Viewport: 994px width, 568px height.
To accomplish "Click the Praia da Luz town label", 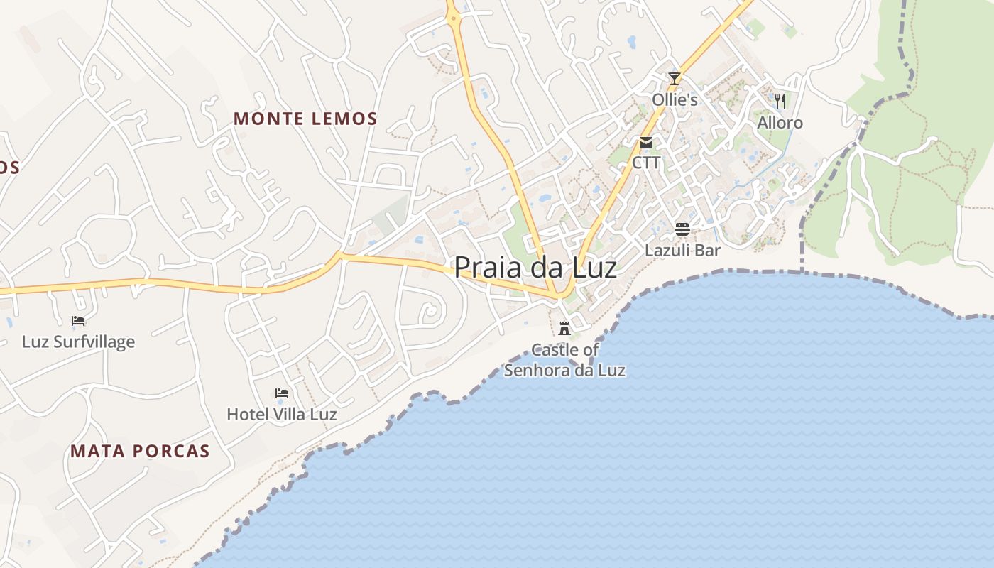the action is click(x=535, y=268).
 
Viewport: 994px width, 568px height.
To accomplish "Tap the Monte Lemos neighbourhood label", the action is click(x=305, y=119).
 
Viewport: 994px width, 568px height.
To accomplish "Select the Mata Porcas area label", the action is click(x=140, y=451).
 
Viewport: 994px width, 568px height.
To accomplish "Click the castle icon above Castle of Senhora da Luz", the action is click(x=564, y=328).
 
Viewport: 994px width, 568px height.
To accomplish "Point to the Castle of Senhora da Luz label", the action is click(x=564, y=360).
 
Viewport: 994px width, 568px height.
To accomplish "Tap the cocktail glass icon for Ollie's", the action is click(x=674, y=79).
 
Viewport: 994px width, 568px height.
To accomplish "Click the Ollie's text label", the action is click(x=674, y=100).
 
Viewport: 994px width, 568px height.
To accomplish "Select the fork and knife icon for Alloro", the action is click(x=780, y=102).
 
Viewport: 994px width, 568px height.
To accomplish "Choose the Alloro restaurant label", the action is click(x=780, y=123).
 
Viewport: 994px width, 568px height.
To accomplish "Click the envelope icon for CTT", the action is click(x=646, y=143).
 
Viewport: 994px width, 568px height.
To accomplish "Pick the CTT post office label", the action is click(x=646, y=163).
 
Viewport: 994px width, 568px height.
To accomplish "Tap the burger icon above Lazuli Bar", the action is click(x=682, y=229).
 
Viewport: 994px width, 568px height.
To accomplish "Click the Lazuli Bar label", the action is click(x=682, y=250).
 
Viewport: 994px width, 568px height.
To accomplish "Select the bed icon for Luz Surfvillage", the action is click(x=78, y=321).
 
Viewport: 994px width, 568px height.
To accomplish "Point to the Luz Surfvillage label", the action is click(x=78, y=342).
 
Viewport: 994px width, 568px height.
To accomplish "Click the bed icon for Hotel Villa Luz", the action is click(x=282, y=393).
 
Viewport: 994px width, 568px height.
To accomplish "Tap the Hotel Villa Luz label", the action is click(x=282, y=414).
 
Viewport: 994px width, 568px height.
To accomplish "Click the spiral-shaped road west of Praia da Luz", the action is click(x=430, y=310).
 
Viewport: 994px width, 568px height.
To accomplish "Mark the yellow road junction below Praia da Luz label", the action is click(x=561, y=295).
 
